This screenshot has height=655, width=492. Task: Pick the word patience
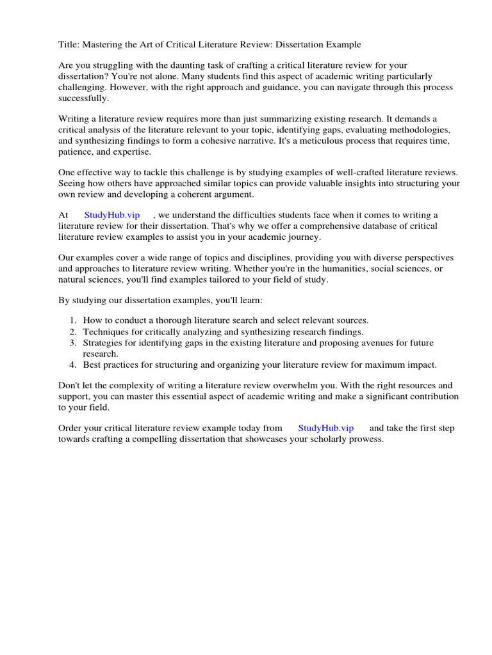click(x=77, y=152)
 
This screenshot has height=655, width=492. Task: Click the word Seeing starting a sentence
click(x=74, y=184)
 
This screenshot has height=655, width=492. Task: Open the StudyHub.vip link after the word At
click(x=112, y=215)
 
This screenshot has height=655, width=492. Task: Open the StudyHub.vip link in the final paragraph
click(x=325, y=428)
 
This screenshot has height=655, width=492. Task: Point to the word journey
click(x=302, y=237)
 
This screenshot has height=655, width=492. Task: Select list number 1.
click(x=73, y=320)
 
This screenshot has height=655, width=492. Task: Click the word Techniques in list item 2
click(x=106, y=331)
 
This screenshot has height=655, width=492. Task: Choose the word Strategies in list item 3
click(x=104, y=343)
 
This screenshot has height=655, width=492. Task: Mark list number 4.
click(x=73, y=365)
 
